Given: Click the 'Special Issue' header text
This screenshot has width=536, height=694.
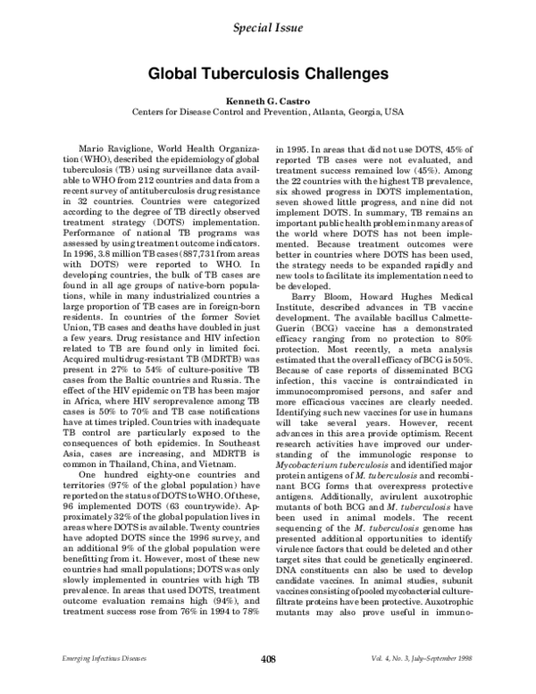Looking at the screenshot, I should pos(267,28).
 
